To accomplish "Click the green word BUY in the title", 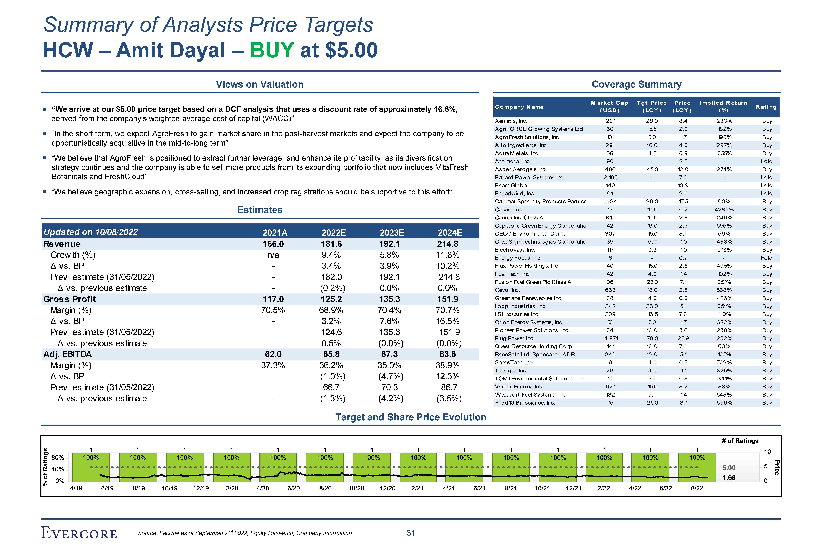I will (272, 50).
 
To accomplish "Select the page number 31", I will (411, 533).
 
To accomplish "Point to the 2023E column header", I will (392, 233).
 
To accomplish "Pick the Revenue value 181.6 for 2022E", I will (331, 244).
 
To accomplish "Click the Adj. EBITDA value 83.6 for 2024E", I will (448, 354).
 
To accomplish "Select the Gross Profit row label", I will (70, 299).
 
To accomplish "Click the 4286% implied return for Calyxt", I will (724, 210).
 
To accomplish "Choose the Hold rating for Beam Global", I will (766, 186).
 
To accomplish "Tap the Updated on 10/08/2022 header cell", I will (91, 232).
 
